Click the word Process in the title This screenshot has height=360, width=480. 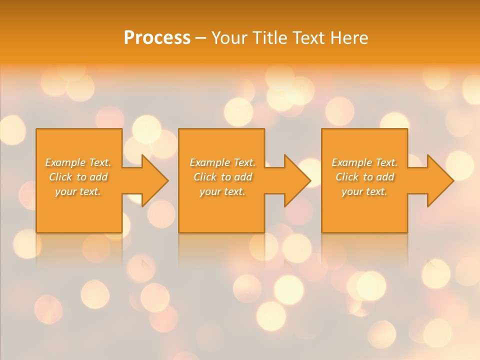point(157,38)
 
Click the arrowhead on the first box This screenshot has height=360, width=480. point(154,180)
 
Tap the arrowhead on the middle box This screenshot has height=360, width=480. point(297,180)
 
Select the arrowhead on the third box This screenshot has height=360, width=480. point(440,180)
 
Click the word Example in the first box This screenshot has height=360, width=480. point(65,162)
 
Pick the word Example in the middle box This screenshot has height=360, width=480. point(210,162)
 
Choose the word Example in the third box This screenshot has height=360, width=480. point(352,162)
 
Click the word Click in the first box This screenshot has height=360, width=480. point(61,177)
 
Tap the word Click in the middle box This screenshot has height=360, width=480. point(205,177)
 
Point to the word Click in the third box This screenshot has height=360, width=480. point(347,177)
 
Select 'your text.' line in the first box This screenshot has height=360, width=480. point(78,191)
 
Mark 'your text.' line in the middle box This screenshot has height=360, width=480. point(222,191)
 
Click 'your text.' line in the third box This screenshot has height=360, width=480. point(364,191)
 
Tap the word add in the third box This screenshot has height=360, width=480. point(385,177)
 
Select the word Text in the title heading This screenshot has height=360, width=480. point(310,38)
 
